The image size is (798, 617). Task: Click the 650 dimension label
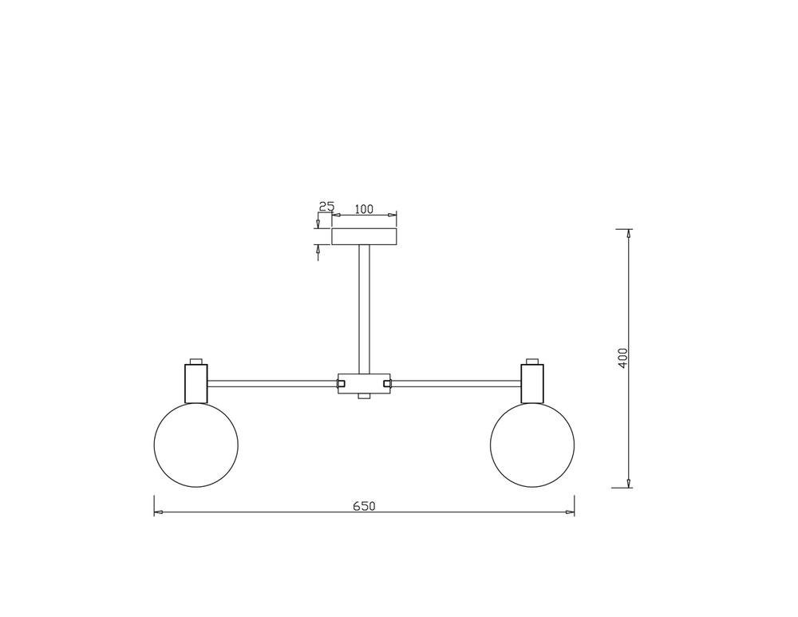(x=364, y=506)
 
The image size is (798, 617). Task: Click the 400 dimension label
(x=623, y=358)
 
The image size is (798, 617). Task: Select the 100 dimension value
(x=363, y=208)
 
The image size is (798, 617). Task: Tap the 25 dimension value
(x=326, y=206)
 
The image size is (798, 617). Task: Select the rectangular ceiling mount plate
(x=364, y=237)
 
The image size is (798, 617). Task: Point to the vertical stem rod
(x=364, y=310)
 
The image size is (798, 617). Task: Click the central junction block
(x=364, y=384)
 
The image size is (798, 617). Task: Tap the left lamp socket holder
(x=196, y=383)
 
